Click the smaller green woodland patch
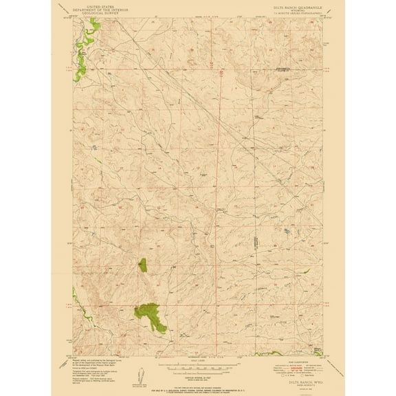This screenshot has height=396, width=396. point(142,264)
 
